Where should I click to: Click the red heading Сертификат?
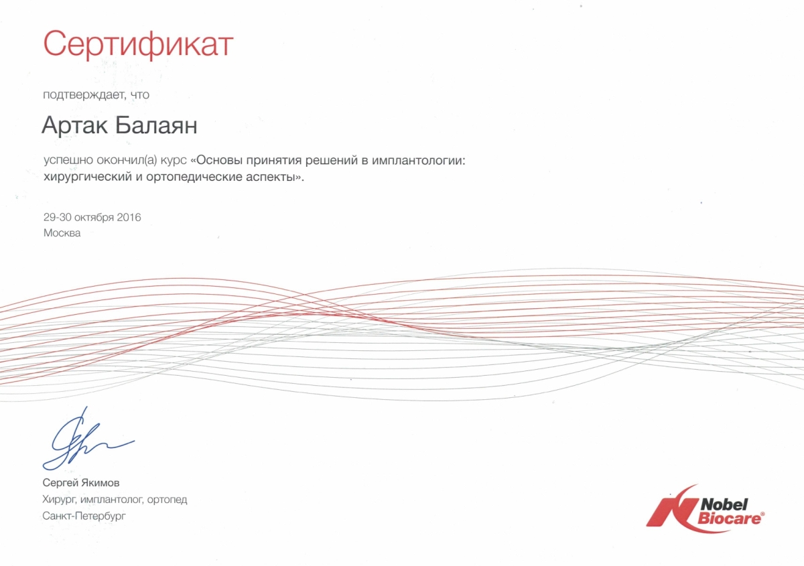[138, 44]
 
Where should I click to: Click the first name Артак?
[74, 126]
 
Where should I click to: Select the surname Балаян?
[156, 126]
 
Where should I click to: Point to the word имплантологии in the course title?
[418, 161]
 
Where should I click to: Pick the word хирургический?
[88, 177]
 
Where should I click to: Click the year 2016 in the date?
[129, 217]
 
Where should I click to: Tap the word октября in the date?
[94, 218]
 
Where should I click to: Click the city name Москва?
[62, 233]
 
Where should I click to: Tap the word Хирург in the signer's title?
[60, 500]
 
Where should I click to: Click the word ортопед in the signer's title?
[167, 500]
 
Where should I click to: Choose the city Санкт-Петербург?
[84, 516]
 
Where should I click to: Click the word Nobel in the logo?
[724, 504]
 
